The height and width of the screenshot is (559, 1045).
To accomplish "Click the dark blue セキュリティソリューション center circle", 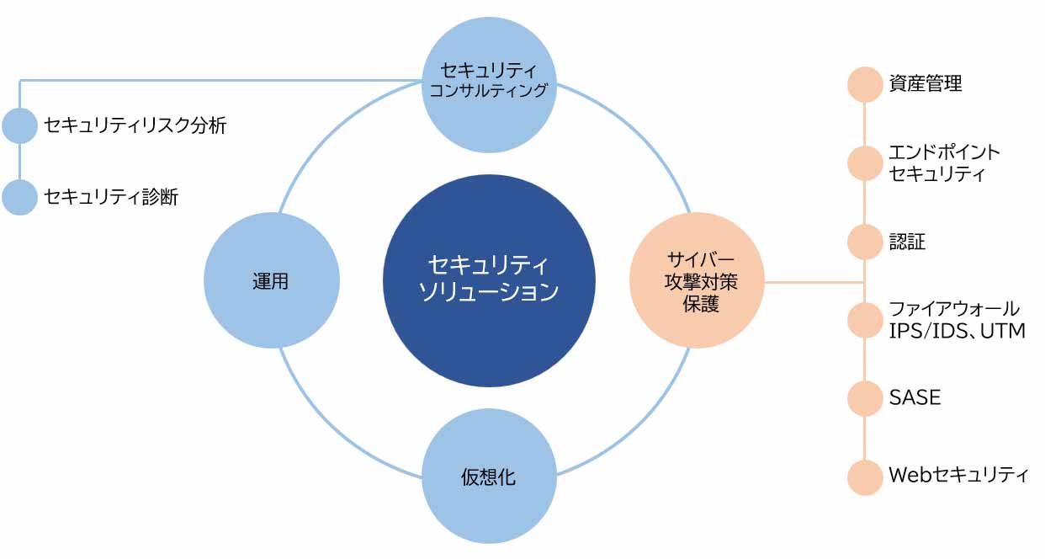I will (x=489, y=280).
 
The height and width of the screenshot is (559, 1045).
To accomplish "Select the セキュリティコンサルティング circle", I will (x=489, y=84).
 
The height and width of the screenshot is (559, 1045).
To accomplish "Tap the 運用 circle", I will (x=272, y=281).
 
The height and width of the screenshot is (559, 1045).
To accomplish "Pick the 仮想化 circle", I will (x=489, y=477).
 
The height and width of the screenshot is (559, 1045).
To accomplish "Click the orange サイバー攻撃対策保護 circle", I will (x=697, y=281).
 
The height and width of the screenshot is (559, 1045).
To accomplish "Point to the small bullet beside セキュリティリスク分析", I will (x=20, y=126).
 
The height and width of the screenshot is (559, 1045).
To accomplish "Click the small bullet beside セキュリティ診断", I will (x=20, y=197).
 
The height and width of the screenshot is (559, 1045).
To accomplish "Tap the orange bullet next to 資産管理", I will (x=864, y=84).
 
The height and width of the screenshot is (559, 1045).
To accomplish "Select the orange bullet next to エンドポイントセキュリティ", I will (x=864, y=163).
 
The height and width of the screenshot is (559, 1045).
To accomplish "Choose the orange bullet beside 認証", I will (x=864, y=242).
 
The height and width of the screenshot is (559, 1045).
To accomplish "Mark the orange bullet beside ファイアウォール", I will (x=864, y=320).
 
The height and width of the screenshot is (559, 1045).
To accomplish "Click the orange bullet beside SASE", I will (x=864, y=398).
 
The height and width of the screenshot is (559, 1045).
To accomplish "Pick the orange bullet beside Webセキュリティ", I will (x=864, y=476).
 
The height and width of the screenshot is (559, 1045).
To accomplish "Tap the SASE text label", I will (x=915, y=397).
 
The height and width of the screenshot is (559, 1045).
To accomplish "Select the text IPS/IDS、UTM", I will (x=957, y=331).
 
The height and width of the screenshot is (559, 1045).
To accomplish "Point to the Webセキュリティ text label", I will (x=958, y=476).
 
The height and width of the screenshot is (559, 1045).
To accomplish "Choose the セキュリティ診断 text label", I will (x=111, y=198).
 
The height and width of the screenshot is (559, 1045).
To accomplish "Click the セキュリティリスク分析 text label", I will (x=135, y=126).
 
